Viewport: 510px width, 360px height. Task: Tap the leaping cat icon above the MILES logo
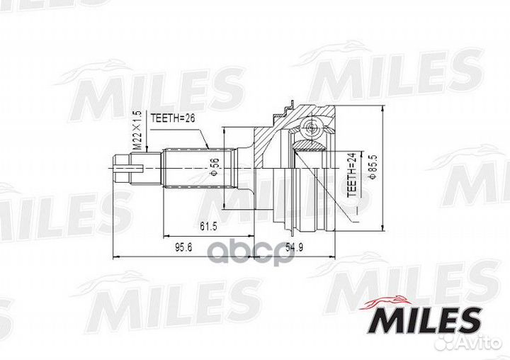click(x=387, y=301)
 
